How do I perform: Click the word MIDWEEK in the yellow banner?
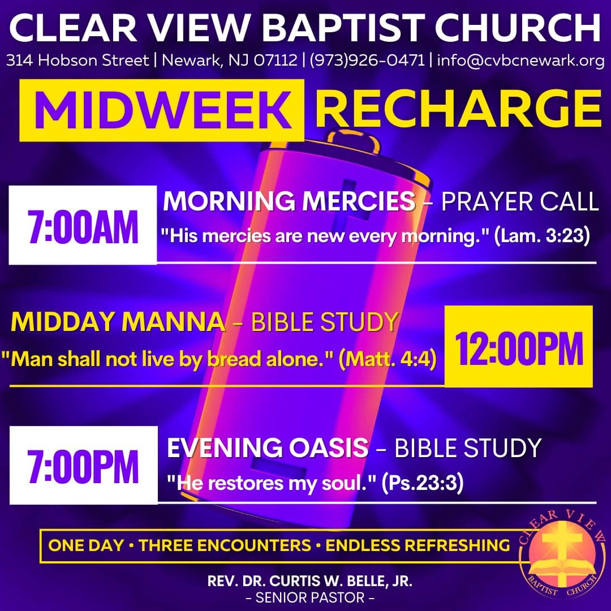click(163, 110)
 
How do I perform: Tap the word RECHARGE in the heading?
click(459, 109)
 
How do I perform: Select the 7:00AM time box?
click(83, 225)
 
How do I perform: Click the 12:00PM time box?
click(519, 346)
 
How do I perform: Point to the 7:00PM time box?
click(83, 465)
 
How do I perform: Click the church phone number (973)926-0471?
click(367, 61)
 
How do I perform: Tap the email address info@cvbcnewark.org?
click(520, 61)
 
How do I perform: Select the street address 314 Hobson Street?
click(78, 61)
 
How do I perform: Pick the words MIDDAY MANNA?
click(118, 322)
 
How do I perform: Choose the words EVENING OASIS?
click(268, 448)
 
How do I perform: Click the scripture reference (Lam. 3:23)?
click(542, 236)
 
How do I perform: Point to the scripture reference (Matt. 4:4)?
click(388, 359)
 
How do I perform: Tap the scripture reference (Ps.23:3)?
click(423, 483)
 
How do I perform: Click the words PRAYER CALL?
click(520, 201)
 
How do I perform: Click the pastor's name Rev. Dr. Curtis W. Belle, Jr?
click(310, 581)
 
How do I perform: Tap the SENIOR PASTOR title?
click(310, 597)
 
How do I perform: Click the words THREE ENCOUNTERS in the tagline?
click(225, 545)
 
